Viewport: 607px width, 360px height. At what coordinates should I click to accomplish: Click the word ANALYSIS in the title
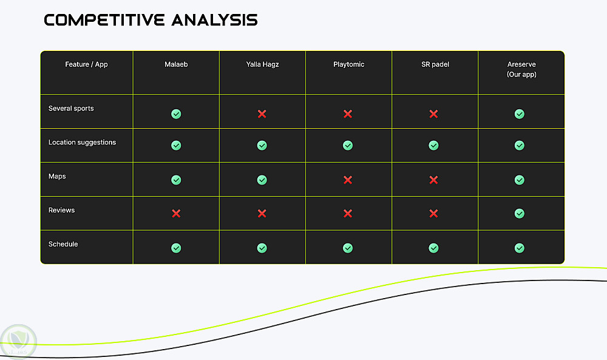(x=214, y=20)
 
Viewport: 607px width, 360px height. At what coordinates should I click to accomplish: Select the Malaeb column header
(x=176, y=64)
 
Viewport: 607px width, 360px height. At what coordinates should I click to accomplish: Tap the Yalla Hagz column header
(x=262, y=64)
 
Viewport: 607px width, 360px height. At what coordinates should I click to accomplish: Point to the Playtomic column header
(x=349, y=64)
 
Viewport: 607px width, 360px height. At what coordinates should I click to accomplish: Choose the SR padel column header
(x=435, y=64)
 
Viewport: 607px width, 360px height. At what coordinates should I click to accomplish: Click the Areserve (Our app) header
(x=521, y=69)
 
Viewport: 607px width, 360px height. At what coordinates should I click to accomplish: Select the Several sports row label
(x=71, y=109)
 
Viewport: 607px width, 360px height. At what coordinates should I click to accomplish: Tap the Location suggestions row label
(x=82, y=143)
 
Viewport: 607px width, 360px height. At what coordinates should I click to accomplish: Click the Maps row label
(x=57, y=177)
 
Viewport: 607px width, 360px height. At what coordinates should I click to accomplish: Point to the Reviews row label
(x=61, y=210)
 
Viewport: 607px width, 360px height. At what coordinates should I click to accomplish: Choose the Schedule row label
(x=63, y=244)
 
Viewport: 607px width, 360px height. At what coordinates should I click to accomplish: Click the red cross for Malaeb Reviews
(x=176, y=213)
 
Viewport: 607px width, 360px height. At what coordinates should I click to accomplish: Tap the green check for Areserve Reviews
(x=520, y=213)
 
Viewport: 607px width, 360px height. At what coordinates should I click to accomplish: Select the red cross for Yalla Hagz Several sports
(x=262, y=114)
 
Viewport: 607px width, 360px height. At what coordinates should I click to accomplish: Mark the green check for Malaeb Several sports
(x=176, y=114)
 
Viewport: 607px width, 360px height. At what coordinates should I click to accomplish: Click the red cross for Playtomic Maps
(x=348, y=180)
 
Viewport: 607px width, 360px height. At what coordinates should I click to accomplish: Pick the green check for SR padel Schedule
(x=433, y=248)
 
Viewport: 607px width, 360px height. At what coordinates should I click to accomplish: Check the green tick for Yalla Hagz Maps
(x=262, y=180)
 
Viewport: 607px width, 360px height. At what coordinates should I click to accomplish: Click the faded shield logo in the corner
(x=18, y=342)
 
